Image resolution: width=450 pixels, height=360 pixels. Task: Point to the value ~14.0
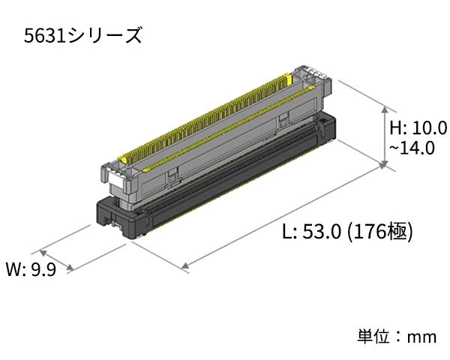coord(411,147)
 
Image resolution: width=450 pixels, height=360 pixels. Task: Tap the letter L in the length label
coord(287,232)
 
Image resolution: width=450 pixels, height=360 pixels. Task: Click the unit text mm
coord(421,337)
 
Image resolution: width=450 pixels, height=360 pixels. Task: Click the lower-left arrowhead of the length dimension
coord(184,266)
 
